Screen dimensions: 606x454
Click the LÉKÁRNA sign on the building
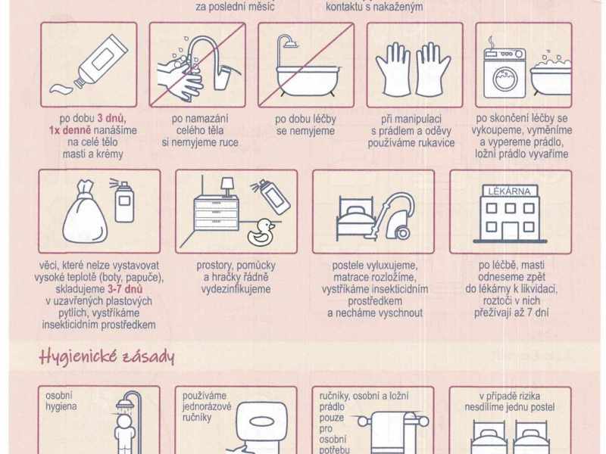509,191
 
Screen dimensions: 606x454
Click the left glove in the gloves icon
394,70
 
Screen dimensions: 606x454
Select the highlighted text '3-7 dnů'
126,289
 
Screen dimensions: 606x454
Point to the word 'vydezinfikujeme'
236,289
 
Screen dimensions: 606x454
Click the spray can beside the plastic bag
123,201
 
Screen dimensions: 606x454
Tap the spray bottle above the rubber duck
272,196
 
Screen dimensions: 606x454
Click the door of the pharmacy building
510,231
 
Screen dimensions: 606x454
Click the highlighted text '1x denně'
70,130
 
